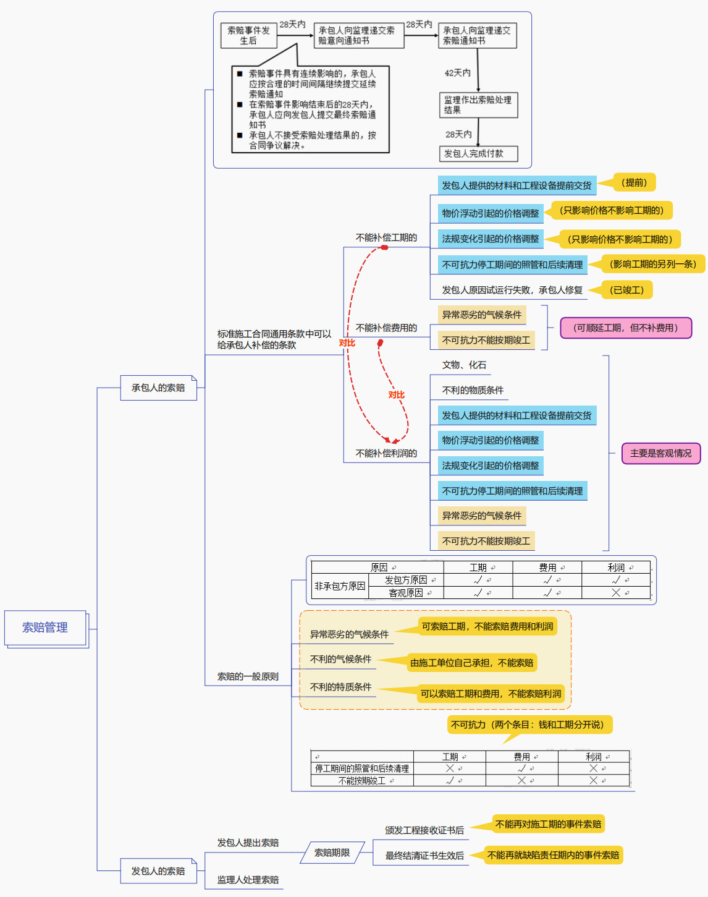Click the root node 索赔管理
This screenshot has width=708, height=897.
(x=45, y=627)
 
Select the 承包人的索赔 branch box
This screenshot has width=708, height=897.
(x=158, y=388)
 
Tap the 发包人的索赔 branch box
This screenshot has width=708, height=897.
(x=158, y=871)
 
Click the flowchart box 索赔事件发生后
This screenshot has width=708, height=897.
(x=248, y=35)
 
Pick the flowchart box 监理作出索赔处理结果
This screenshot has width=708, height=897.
(x=478, y=104)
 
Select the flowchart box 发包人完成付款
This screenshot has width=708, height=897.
(x=478, y=153)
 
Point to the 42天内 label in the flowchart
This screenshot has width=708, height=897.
(x=458, y=73)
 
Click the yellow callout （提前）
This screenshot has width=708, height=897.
(x=635, y=182)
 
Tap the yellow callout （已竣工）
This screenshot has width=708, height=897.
(x=626, y=289)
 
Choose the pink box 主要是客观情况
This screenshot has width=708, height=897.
(x=660, y=453)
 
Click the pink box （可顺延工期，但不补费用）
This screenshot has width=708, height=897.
(x=625, y=328)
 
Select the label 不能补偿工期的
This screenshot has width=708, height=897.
(x=386, y=237)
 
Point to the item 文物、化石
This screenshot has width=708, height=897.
(x=464, y=365)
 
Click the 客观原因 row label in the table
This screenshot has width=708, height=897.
(x=406, y=593)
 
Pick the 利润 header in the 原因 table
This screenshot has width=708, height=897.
(x=616, y=568)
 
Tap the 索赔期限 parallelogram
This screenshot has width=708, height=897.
(x=332, y=852)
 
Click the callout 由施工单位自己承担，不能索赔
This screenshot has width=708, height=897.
(x=471, y=663)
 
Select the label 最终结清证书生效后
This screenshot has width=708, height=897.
(x=424, y=856)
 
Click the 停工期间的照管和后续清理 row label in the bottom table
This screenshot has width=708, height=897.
(x=362, y=768)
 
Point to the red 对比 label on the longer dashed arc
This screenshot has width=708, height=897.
(x=347, y=343)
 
